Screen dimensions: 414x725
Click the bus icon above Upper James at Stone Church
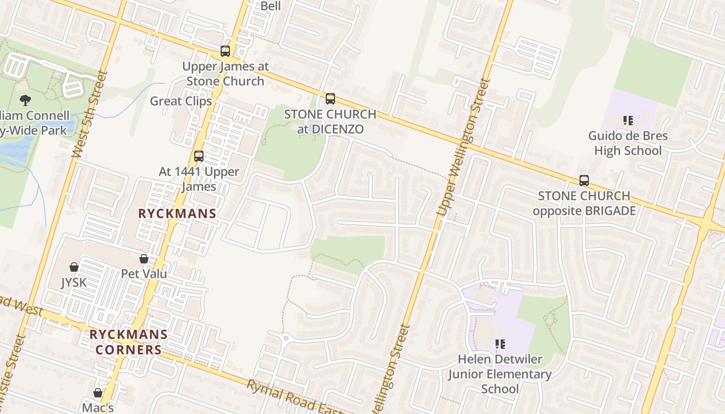point(225,51)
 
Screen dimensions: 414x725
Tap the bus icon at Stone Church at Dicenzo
point(330,98)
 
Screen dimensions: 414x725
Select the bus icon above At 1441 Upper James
point(198,156)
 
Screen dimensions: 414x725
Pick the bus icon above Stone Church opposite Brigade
point(584,181)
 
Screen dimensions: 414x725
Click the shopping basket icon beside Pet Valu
point(144,259)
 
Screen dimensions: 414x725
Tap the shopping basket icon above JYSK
point(74,267)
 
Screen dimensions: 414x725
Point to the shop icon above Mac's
point(98,393)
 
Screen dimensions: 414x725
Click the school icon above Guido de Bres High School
point(628,121)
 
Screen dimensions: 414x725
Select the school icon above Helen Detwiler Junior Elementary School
point(500,344)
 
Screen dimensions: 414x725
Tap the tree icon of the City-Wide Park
point(25,100)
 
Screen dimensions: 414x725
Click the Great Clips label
point(181,101)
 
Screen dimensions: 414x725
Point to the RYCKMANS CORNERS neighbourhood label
point(128,342)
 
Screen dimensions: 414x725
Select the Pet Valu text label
point(144,273)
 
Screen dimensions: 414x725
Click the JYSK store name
point(74,283)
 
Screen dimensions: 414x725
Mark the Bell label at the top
point(270,6)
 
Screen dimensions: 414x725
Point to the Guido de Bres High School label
point(628,143)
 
